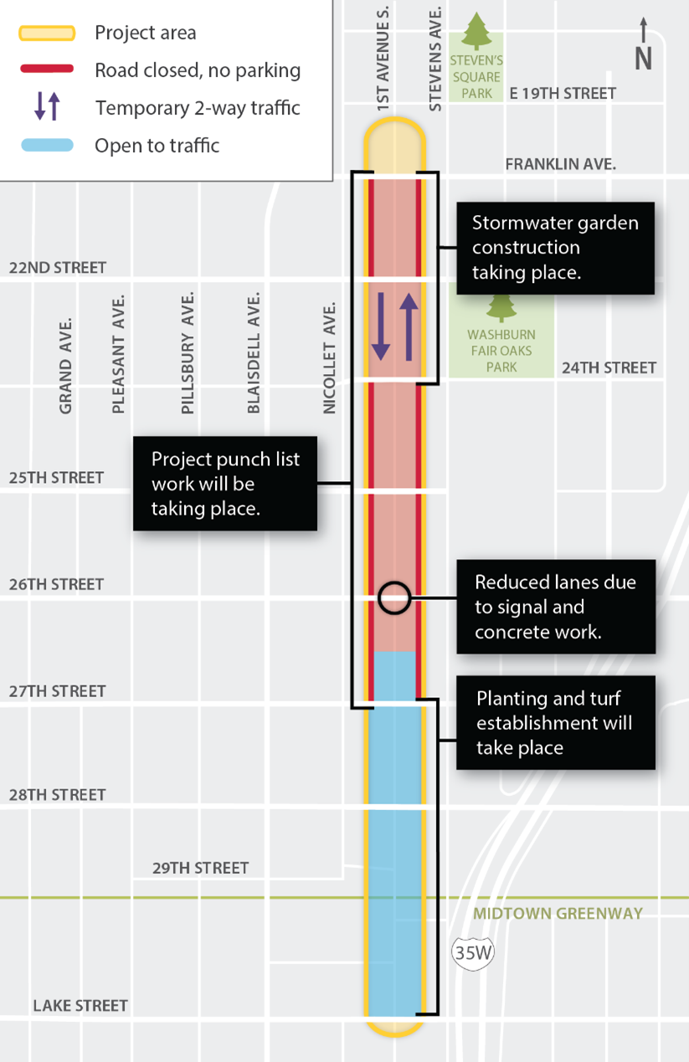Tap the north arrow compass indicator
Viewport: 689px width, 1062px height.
tap(643, 45)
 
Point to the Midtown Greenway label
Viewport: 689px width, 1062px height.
tap(558, 913)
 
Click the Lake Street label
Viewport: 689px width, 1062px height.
tap(80, 1005)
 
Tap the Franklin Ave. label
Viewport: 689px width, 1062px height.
tap(560, 165)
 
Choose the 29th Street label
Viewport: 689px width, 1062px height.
tap(200, 868)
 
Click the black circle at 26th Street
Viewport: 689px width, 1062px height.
tap(393, 598)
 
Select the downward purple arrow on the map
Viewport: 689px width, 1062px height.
tap(381, 326)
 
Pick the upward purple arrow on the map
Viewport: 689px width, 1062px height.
tap(408, 326)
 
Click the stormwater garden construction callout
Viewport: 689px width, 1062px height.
tap(555, 248)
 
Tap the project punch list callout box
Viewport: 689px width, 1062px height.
tap(225, 483)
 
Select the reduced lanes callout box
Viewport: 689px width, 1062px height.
tap(555, 607)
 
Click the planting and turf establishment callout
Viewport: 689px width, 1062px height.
tap(555, 722)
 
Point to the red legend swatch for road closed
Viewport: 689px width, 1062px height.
tap(47, 69)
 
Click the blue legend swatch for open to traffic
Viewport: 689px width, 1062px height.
tap(47, 145)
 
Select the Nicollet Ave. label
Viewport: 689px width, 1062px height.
tap(330, 357)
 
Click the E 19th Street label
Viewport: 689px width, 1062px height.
tap(563, 94)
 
